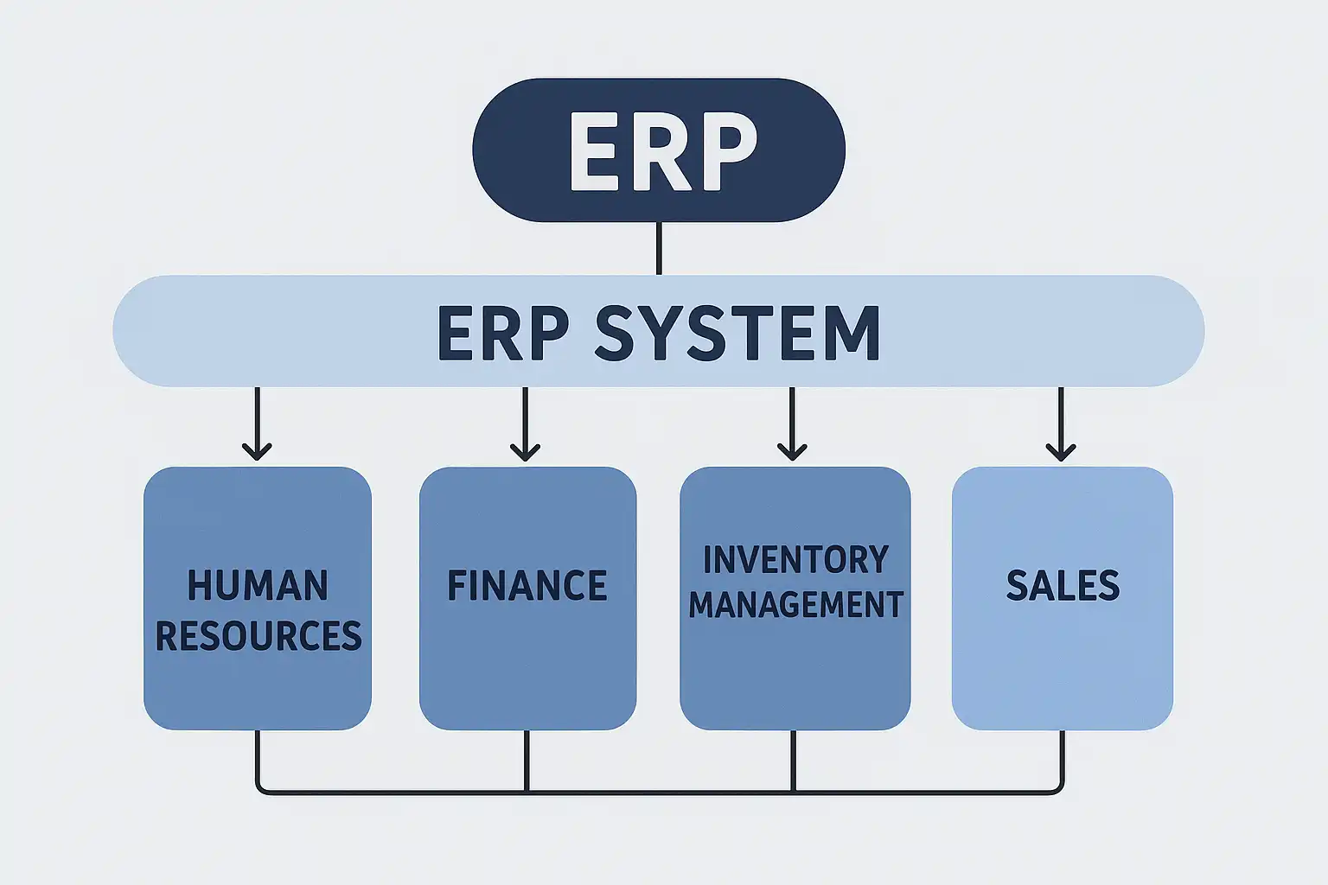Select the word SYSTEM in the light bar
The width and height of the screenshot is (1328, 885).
click(x=737, y=333)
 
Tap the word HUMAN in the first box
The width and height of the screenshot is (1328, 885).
click(x=258, y=585)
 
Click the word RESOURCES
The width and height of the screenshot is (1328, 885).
click(x=258, y=636)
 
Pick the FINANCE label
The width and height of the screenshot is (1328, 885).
click(x=527, y=585)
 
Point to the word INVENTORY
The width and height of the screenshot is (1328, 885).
click(x=795, y=560)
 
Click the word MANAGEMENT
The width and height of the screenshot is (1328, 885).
click(x=795, y=604)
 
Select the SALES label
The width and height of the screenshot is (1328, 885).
click(x=1063, y=585)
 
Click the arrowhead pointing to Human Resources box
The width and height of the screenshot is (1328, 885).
click(x=257, y=451)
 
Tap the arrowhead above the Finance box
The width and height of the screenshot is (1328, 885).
click(x=525, y=451)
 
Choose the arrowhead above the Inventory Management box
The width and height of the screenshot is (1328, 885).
click(x=792, y=451)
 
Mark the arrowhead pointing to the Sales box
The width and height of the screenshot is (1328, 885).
click(x=1061, y=451)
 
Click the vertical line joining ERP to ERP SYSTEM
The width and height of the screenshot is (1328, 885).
click(x=659, y=248)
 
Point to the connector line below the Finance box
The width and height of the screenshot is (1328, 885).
click(x=527, y=761)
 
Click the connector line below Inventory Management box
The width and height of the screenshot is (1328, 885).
click(x=793, y=761)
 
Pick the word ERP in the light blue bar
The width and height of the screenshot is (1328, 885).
click(x=502, y=333)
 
